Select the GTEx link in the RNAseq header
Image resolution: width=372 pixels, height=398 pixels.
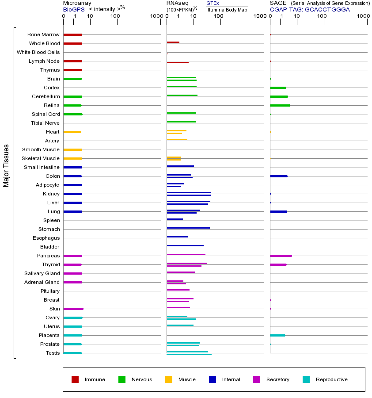213,3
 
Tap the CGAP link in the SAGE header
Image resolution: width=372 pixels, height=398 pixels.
278,9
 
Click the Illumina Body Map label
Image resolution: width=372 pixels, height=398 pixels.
227,9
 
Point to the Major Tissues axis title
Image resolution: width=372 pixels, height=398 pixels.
6,165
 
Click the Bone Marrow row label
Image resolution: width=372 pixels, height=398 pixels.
43,34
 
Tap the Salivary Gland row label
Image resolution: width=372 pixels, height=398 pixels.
42,273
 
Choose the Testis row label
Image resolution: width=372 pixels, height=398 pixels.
53,353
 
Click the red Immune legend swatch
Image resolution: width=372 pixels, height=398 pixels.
75,379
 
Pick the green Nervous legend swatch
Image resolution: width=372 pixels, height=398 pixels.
122,379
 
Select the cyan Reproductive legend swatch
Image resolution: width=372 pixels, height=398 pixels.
306,379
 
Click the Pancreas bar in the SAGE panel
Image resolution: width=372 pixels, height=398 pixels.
281,256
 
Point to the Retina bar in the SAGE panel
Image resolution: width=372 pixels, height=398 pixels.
280,105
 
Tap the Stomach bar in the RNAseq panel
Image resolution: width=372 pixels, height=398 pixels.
188,228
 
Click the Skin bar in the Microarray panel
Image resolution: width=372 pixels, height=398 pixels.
73,309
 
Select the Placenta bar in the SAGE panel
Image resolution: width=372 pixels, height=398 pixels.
277,335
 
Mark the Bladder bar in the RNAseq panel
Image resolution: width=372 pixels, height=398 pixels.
185,245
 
